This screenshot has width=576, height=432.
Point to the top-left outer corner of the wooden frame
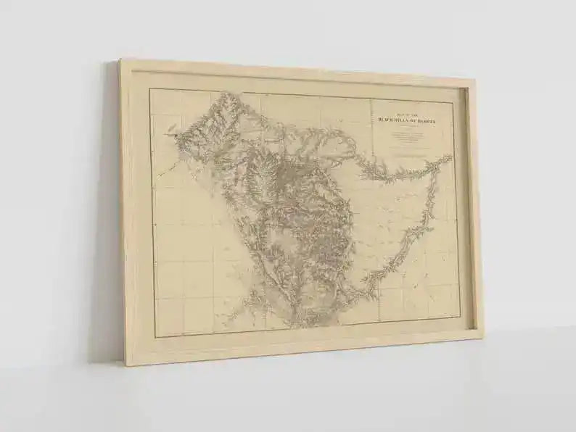click(120, 59)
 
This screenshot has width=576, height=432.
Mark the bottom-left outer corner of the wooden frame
click(125, 365)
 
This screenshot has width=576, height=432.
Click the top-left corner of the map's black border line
click(149, 89)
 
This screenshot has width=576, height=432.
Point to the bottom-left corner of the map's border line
click(155, 337)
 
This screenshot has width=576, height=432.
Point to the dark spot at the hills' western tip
click(172, 133)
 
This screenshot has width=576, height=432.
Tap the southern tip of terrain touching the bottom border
click(294, 325)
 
